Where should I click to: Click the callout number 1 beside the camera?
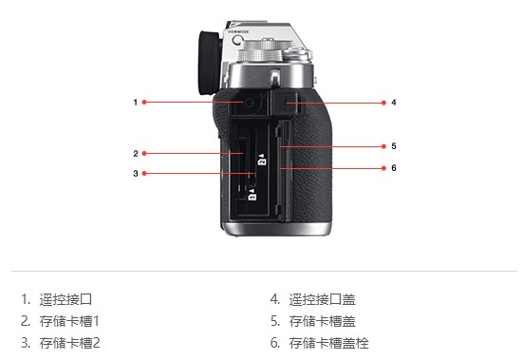[136, 102]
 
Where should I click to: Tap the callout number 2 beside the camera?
[136, 154]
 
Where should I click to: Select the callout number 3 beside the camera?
[136, 174]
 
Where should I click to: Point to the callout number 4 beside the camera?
[394, 103]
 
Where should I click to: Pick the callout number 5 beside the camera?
[394, 146]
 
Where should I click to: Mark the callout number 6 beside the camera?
[394, 168]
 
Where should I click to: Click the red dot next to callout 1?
[144, 102]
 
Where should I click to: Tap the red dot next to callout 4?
[383, 103]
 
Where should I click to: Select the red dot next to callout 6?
[383, 168]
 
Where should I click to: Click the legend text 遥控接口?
[65, 299]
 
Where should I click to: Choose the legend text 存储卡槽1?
[69, 321]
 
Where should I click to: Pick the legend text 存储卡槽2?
[69, 343]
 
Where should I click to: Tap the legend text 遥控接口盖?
[322, 299]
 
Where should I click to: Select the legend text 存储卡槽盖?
[322, 321]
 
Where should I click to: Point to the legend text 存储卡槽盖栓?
[328, 343]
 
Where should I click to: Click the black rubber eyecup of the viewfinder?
[210, 62]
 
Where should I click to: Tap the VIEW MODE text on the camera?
[238, 31]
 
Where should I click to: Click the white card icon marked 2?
[262, 160]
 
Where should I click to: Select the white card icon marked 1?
[252, 195]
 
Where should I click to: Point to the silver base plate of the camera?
[277, 229]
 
